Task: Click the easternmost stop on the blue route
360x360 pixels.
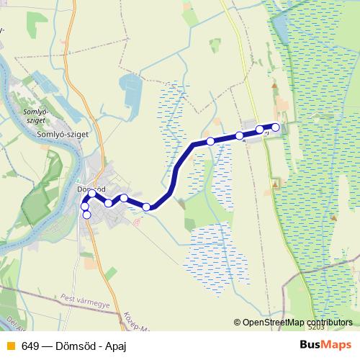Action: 275,127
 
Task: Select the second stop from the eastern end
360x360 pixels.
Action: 260,130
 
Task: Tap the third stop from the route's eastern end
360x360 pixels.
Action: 239,135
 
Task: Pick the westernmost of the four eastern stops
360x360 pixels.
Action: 210,141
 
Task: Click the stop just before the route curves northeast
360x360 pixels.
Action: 146,207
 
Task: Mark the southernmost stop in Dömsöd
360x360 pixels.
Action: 86,215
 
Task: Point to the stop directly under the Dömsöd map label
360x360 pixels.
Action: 92,194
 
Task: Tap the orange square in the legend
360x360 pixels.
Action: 9,346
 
